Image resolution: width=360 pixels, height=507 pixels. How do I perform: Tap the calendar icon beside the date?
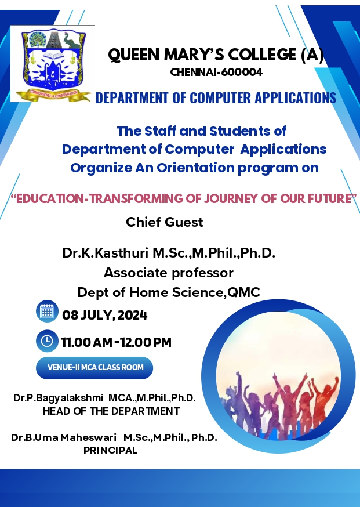(x=47, y=312)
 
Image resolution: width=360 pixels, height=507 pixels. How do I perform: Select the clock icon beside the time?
(x=47, y=341)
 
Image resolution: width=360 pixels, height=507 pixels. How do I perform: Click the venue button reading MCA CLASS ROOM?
(x=94, y=368)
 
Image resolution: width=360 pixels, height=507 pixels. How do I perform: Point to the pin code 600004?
(x=242, y=72)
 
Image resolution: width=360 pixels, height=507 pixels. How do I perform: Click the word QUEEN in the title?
(x=134, y=55)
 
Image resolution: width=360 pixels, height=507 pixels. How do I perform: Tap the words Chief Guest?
(x=165, y=222)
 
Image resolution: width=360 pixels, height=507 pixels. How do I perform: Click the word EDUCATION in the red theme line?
(x=50, y=198)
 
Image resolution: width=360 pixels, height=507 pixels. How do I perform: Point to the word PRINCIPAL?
(x=111, y=450)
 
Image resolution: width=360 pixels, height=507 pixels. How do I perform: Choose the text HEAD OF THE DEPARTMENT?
(x=111, y=411)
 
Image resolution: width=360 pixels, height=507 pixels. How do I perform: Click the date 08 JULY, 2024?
(x=105, y=315)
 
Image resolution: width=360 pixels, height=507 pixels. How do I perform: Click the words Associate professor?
(x=168, y=273)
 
